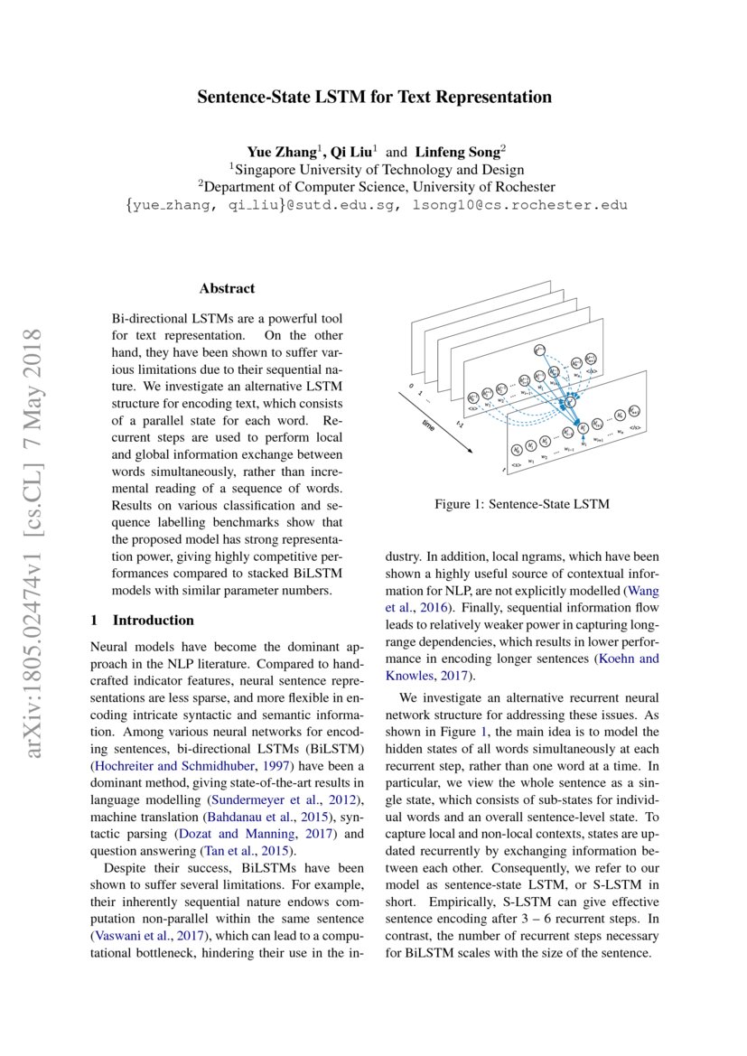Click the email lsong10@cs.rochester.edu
pos(518,205)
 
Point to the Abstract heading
pos(227,289)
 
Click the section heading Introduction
pos(153,621)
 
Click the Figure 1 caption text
pos(521,504)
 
